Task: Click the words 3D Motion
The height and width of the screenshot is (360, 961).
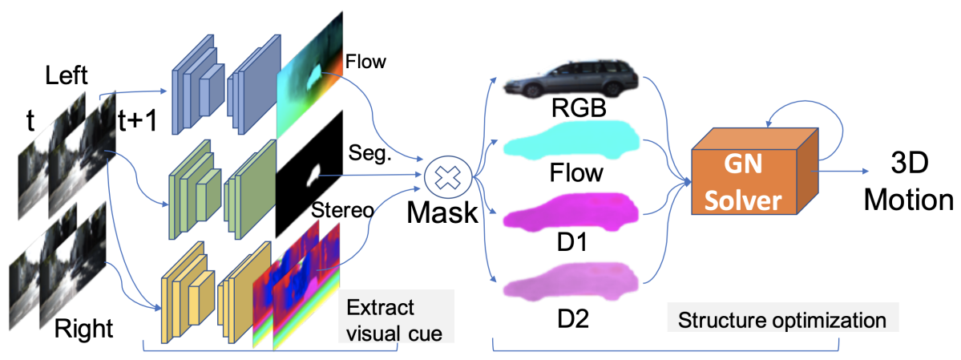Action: pos(909,182)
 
